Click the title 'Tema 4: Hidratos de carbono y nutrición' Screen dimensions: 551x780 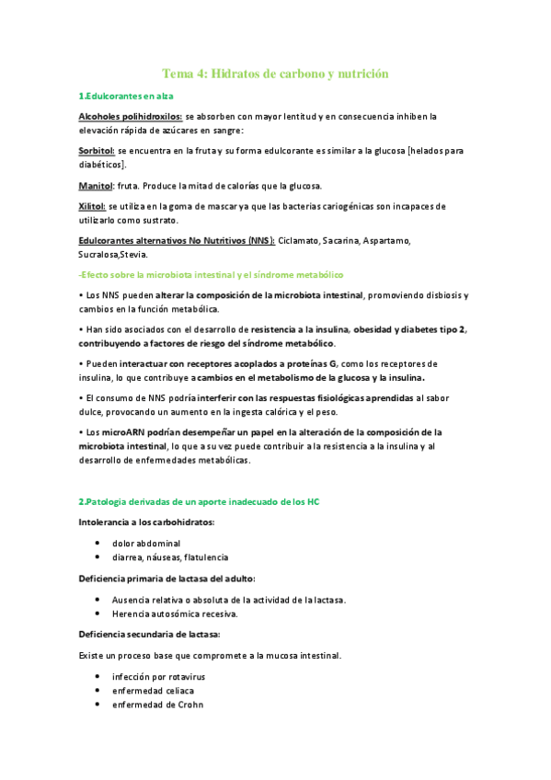coord(276,74)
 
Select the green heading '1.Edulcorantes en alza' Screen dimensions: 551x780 coord(126,96)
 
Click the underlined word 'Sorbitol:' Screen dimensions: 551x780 coord(97,149)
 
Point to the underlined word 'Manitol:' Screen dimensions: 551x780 coord(96,185)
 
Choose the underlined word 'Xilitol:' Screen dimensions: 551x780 coord(92,206)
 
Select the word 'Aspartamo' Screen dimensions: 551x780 coord(386,241)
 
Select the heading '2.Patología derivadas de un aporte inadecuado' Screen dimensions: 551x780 coord(199,500)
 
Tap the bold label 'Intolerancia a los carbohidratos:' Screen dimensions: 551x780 coord(146,522)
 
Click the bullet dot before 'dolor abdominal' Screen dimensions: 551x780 coord(98,543)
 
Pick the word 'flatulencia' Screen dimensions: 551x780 coord(207,557)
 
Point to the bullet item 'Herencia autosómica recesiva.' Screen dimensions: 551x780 coord(175,614)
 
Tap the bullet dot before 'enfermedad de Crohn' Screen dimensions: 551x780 coord(98,705)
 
